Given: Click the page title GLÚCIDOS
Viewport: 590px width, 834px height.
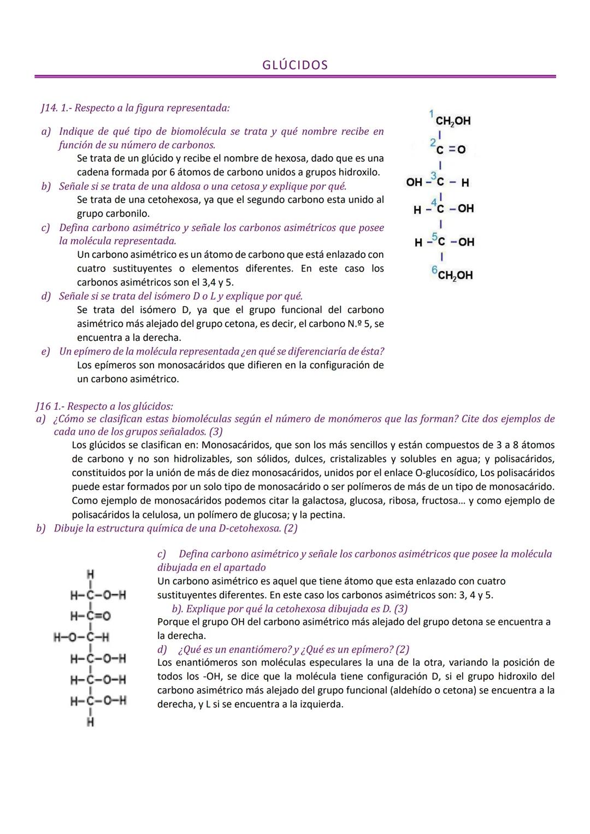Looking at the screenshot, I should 295,65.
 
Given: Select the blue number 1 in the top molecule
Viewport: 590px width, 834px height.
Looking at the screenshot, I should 431,114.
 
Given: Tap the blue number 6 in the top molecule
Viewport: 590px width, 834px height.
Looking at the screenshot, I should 434,270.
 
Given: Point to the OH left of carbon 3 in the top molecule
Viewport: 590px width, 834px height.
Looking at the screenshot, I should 414,182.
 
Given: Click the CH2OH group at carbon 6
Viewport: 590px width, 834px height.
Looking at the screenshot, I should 455,275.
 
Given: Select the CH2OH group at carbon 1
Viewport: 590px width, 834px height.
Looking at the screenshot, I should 453,121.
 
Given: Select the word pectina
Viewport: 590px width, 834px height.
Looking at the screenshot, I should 328,514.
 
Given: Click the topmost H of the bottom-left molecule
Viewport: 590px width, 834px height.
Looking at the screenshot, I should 90,573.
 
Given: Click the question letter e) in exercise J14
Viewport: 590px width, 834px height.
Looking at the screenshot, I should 45,351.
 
